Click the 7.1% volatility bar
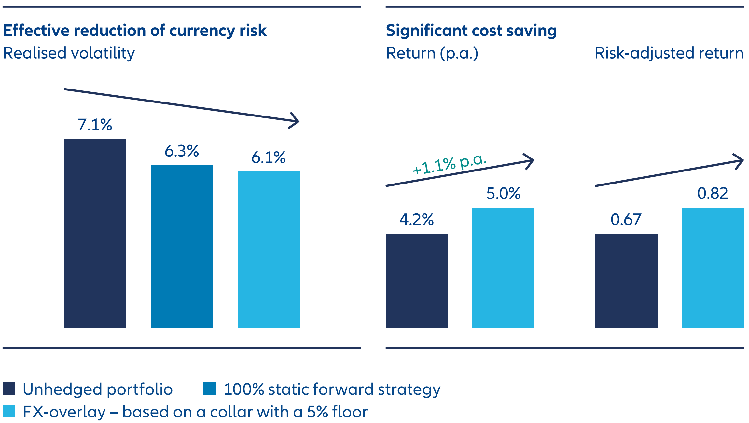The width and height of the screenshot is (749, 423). tap(95, 233)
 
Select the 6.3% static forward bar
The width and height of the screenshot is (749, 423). tap(182, 246)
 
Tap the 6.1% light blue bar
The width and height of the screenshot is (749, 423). tap(269, 249)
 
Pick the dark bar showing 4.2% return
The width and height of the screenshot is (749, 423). tap(417, 280)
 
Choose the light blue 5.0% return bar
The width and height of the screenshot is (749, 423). tap(503, 267)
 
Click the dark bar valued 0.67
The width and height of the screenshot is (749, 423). tap(626, 280)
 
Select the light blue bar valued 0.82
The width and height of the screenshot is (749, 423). tap(713, 267)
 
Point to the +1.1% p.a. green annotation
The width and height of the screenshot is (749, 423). tap(449, 164)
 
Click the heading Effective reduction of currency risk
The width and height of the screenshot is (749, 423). tap(135, 31)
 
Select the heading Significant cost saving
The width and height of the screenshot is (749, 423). tap(471, 31)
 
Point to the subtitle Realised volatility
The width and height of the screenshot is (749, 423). tap(69, 53)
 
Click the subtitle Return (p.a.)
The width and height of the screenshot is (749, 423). tap(432, 53)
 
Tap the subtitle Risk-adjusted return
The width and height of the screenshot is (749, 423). tap(669, 53)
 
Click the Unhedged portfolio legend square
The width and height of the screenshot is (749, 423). tap(9, 389)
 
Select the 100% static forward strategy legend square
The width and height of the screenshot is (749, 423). tap(210, 389)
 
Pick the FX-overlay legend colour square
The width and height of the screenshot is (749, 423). tap(9, 411)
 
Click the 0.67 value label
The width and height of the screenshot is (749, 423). tap(626, 220)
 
